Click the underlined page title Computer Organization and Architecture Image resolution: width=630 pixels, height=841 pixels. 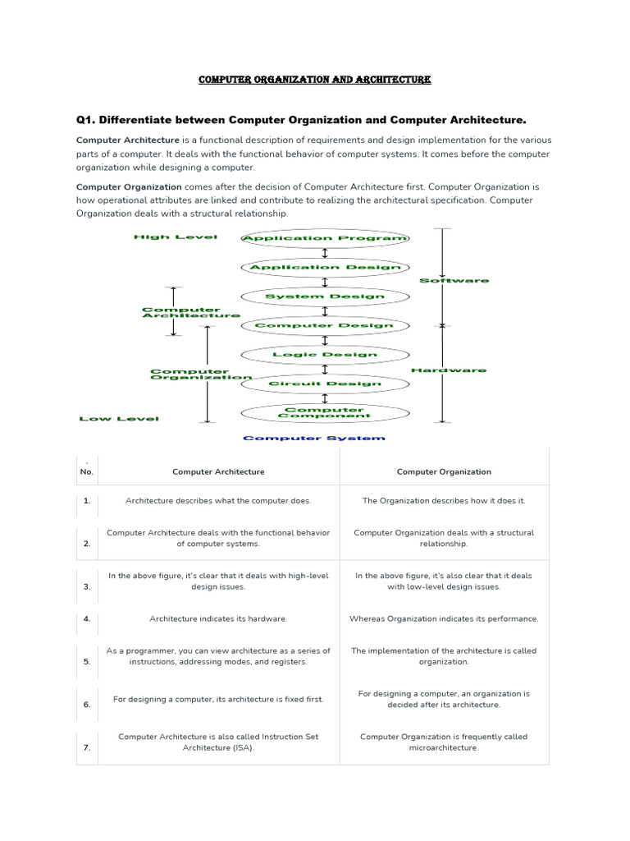click(x=315, y=80)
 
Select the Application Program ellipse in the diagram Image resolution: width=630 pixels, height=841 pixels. click(x=325, y=238)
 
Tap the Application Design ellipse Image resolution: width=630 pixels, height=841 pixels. click(x=325, y=267)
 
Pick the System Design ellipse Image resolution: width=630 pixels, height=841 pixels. click(x=325, y=296)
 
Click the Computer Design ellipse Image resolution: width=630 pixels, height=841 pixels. click(x=325, y=325)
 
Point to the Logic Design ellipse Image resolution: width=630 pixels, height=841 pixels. click(x=325, y=355)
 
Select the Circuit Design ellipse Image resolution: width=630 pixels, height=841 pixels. click(x=325, y=384)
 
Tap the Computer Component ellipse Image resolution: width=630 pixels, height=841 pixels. click(x=325, y=412)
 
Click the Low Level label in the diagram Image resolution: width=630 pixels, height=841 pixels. click(x=119, y=419)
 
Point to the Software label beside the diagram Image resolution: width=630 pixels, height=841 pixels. click(x=454, y=281)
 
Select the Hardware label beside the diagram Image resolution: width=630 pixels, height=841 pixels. click(x=448, y=370)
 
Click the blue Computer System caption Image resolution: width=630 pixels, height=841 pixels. click(x=313, y=439)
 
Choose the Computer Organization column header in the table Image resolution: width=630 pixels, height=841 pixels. click(x=444, y=472)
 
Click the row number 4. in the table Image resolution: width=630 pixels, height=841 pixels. click(x=87, y=618)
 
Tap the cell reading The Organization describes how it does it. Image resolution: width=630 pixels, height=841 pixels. click(x=444, y=500)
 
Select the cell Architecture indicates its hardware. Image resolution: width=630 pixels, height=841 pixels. click(x=218, y=618)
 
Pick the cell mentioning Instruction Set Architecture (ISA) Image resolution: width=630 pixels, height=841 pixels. click(x=218, y=742)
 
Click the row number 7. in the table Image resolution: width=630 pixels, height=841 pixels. click(x=87, y=748)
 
